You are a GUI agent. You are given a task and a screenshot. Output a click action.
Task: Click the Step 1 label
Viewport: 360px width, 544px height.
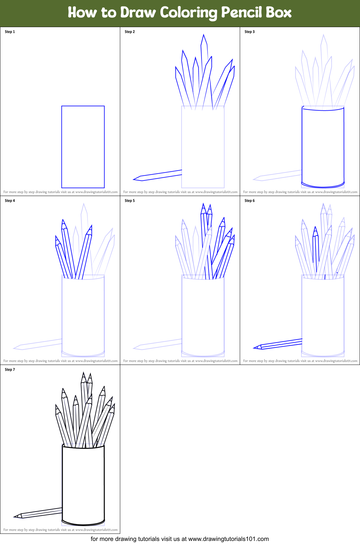tap(10, 32)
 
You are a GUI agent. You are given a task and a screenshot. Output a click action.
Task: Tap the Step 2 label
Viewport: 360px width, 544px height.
tap(130, 32)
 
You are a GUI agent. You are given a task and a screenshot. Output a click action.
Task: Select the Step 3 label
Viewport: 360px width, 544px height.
tap(250, 32)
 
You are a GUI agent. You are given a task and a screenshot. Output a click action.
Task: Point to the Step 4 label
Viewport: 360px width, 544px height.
tap(10, 201)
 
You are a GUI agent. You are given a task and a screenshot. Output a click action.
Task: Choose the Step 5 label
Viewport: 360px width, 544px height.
tap(130, 201)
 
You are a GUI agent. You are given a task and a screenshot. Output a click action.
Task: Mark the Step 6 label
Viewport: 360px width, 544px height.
tap(250, 201)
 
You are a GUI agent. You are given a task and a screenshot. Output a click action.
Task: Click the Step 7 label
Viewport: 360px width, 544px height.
tap(10, 370)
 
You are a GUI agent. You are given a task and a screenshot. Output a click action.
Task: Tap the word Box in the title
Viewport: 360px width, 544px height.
tap(279, 13)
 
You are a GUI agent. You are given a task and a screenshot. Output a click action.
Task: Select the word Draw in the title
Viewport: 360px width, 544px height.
tap(138, 13)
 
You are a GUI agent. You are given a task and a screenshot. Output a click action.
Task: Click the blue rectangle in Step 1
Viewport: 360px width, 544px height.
tap(83, 147)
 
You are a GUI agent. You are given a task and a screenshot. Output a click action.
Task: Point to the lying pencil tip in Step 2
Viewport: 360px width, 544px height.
tap(135, 179)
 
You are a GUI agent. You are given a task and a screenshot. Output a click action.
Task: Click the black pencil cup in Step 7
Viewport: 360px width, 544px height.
tap(83, 484)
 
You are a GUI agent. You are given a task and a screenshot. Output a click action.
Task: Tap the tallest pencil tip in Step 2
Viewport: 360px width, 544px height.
tap(204, 36)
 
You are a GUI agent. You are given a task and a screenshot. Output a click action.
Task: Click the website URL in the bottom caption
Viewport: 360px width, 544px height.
tap(228, 539)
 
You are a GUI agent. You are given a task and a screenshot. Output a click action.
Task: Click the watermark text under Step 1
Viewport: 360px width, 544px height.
tap(60, 192)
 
